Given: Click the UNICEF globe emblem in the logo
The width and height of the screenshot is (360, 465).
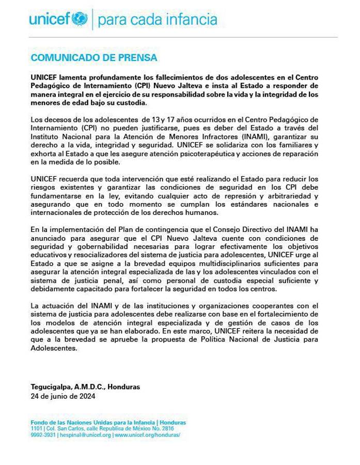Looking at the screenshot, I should [80, 20].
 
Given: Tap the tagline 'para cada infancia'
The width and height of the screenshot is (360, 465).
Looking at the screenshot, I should [157, 20].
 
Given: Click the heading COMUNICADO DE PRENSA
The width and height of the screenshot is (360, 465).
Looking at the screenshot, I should [93, 57].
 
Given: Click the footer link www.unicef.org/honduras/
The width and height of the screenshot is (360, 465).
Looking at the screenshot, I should [147, 435].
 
